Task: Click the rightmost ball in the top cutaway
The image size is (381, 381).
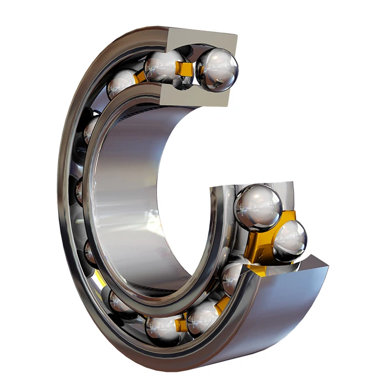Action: pos(217,70)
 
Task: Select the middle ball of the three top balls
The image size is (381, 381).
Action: pos(164,66)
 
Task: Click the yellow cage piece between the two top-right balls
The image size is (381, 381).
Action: pos(186,69)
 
